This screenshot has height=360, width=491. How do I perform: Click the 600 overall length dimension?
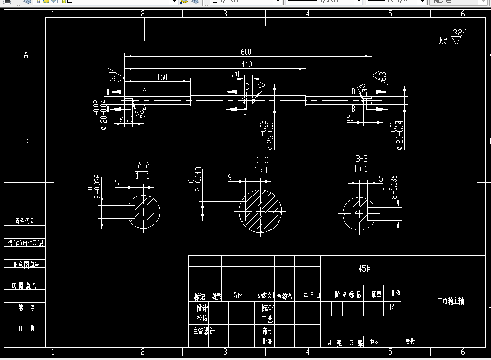coord(245,52)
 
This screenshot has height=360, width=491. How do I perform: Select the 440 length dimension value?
coord(245,64)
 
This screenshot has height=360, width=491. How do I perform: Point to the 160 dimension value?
coord(162,77)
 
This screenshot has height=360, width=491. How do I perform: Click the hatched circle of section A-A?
coord(144,212)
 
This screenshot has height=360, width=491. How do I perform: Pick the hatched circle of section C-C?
coord(261,212)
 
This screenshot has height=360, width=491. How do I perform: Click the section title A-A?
coord(144,164)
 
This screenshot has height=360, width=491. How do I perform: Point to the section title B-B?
coord(361,159)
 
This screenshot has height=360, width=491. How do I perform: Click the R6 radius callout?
coord(261,87)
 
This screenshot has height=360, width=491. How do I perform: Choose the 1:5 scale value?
coord(393,307)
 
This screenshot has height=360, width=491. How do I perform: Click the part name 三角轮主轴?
coord(451,301)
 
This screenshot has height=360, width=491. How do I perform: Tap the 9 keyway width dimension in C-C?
coord(229,178)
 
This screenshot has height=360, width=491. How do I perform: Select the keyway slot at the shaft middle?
coord(248,100)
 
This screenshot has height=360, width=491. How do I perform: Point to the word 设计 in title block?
coord(202,308)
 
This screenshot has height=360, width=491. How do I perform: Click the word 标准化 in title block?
coord(268,308)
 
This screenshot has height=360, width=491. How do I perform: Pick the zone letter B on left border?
coord(26,141)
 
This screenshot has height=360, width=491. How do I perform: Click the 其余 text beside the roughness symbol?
coord(443,41)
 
